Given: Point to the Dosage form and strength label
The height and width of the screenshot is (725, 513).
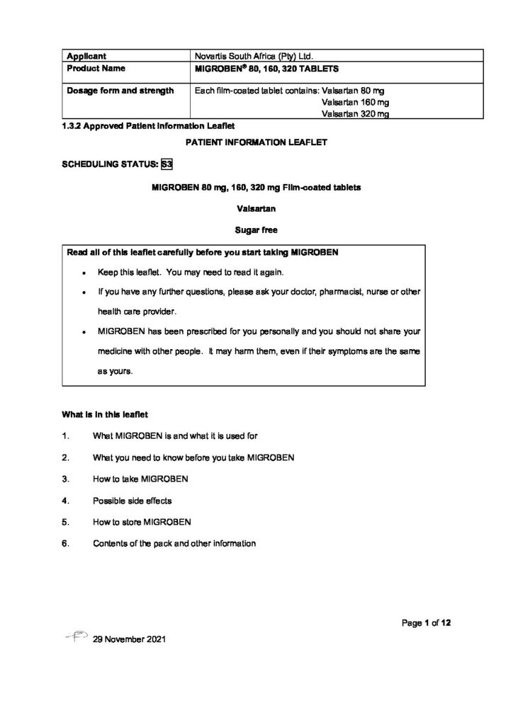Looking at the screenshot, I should tap(119, 91).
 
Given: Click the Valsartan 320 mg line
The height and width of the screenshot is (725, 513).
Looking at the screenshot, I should tap(355, 114).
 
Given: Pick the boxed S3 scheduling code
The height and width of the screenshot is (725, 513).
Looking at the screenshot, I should tap(167, 164).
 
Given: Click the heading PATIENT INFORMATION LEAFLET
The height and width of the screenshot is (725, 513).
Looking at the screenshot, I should tap(256, 142).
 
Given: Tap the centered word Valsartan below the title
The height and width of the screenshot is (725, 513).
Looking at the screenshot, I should tap(256, 208).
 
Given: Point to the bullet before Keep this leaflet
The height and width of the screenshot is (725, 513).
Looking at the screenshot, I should tap(84, 273).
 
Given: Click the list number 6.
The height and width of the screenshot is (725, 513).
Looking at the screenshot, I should tap(64, 544).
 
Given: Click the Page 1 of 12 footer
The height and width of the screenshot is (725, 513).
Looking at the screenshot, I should tap(426, 623).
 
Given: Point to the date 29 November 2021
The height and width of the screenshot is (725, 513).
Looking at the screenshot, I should tap(129, 640).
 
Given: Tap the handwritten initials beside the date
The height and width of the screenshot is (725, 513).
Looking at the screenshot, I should tap(75, 638).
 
